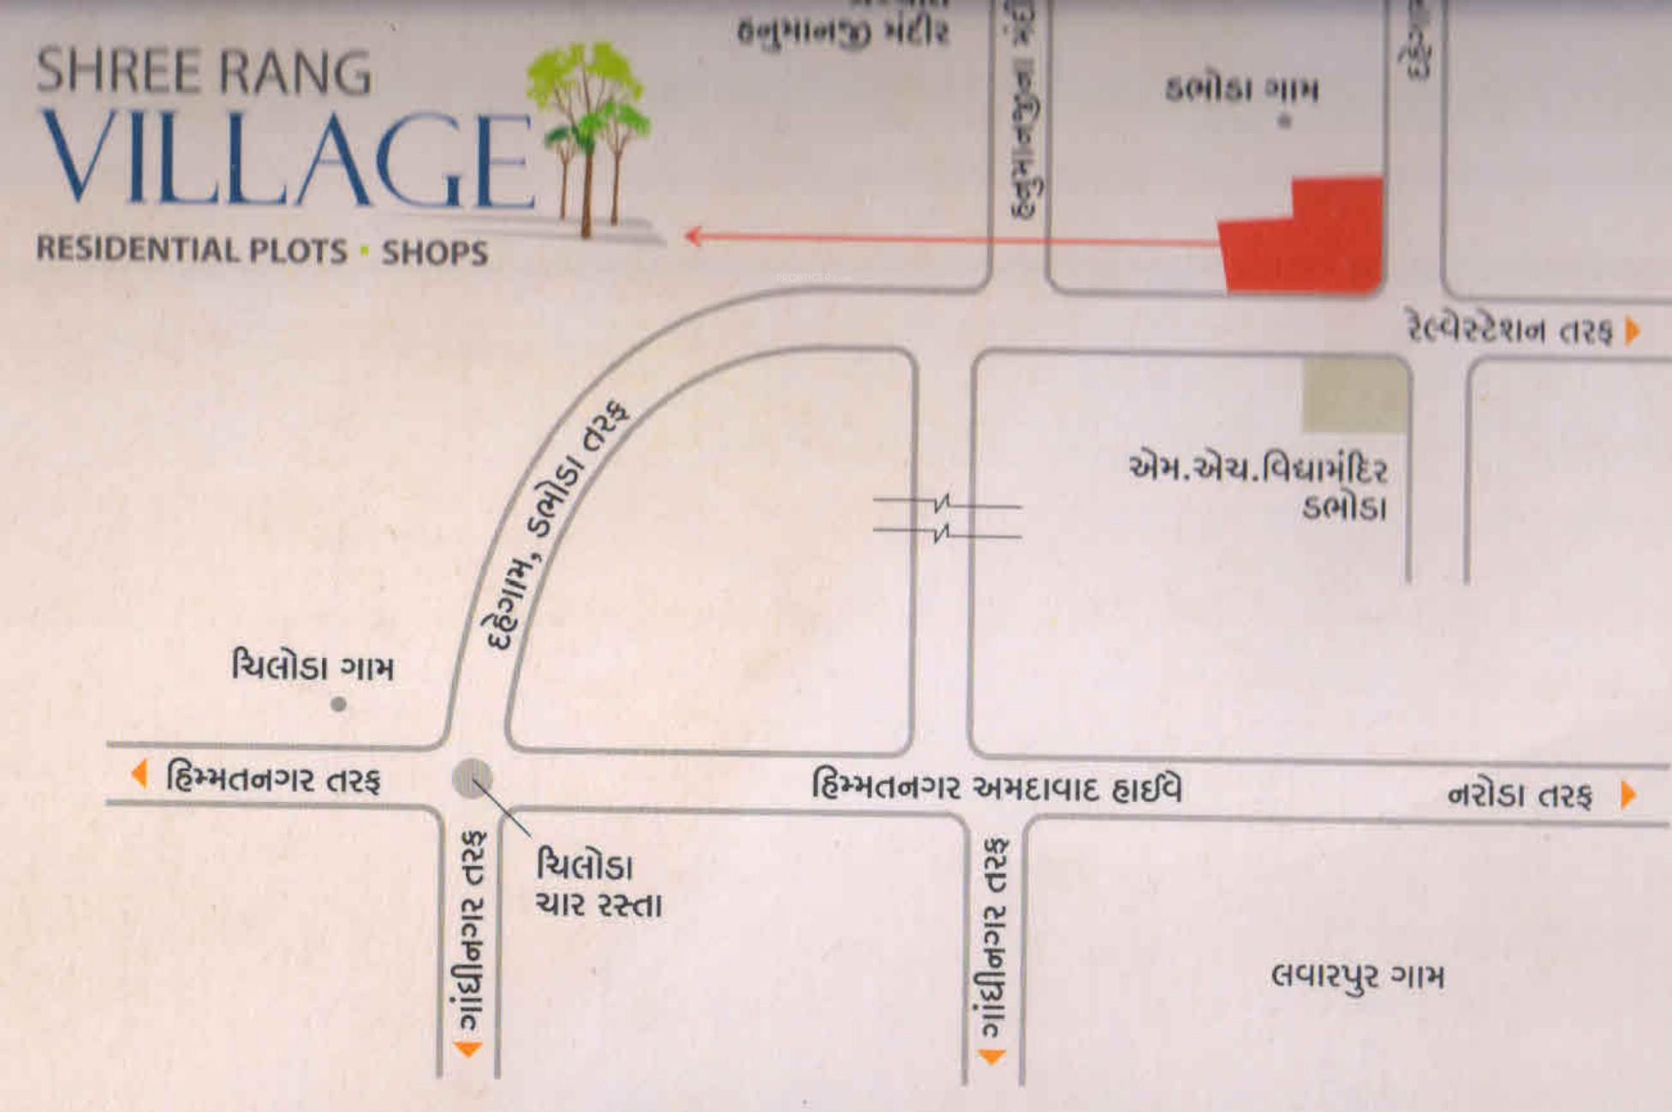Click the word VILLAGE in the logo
pos(287,158)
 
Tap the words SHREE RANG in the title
pos(204,71)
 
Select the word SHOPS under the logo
pos(435,253)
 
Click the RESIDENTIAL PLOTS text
pos(192,249)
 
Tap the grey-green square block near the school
pos(1354,395)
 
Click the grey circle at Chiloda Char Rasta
pos(472,779)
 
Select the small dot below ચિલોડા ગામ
pos(339,704)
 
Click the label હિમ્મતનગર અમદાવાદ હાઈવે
pos(997,786)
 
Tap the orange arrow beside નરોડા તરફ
pos(1628,795)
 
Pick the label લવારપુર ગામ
pos(1357,976)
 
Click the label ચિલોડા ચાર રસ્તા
pos(598,884)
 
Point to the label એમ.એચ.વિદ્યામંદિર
pos(1258,469)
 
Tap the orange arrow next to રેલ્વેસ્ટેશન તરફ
pos(1633,331)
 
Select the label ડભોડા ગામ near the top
pos(1241,89)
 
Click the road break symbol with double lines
pos(944,518)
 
